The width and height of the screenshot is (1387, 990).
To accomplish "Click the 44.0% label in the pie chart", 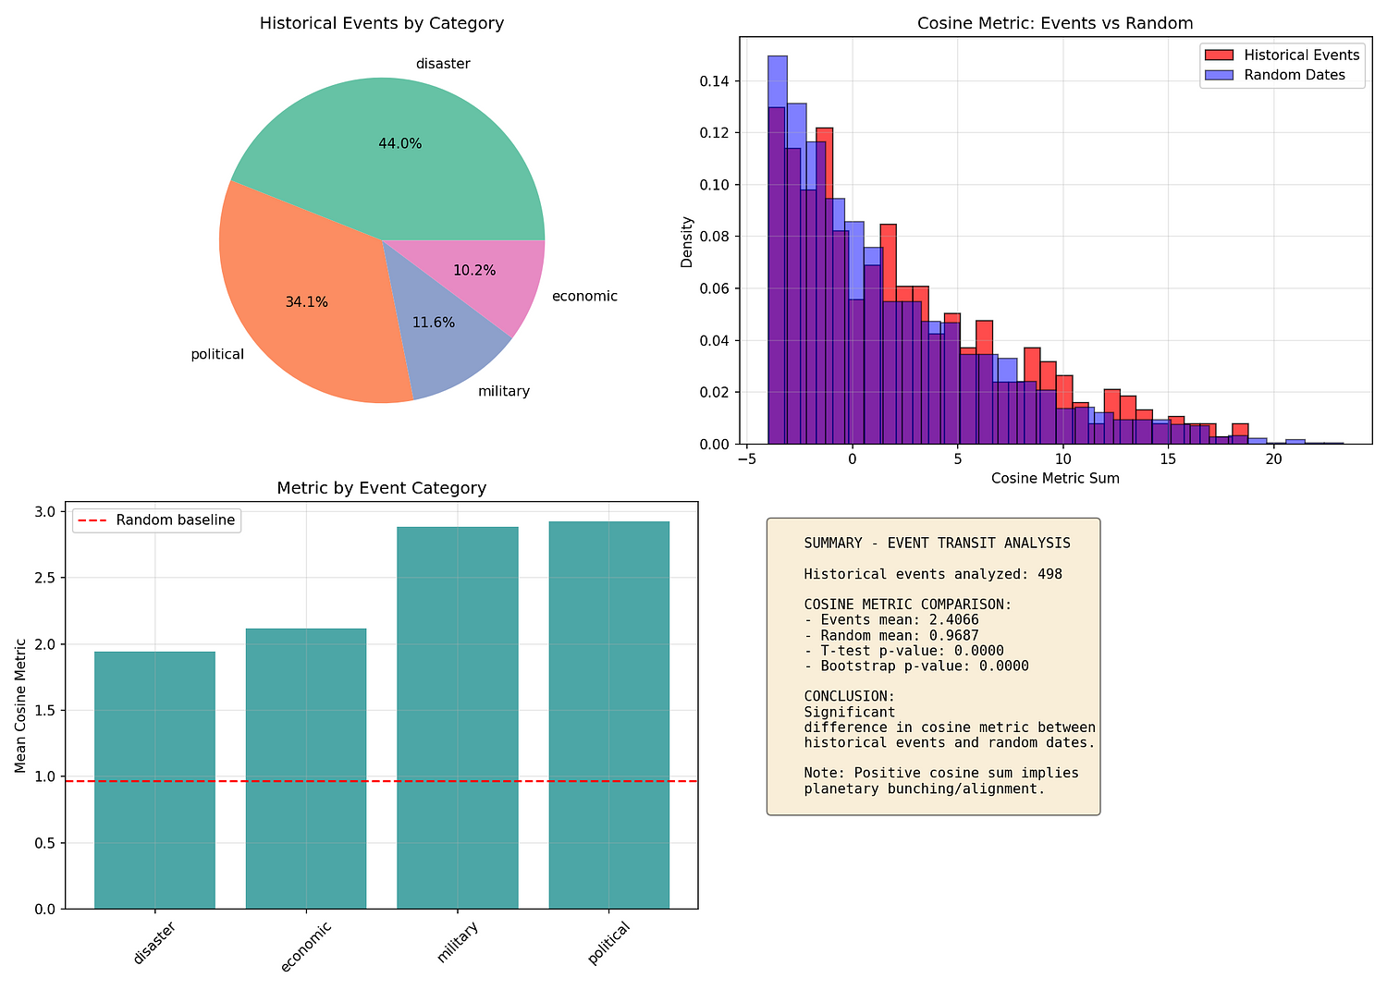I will [x=399, y=144].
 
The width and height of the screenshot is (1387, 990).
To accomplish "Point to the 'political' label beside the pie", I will [x=216, y=354].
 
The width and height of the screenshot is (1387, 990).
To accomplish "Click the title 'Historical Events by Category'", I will [x=381, y=24].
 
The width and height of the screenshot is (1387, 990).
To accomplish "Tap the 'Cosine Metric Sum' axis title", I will [x=1055, y=479].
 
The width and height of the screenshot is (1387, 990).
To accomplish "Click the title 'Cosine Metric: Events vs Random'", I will [x=1055, y=24].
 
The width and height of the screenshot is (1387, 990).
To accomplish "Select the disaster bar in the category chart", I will [x=154, y=780].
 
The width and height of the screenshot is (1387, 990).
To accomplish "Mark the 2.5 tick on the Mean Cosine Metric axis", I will [x=45, y=578].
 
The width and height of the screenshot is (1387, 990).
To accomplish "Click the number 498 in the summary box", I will [x=1049, y=574].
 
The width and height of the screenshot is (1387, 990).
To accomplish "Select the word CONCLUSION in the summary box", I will [x=849, y=696].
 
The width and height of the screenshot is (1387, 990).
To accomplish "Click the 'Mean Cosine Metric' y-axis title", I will [x=20, y=710].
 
